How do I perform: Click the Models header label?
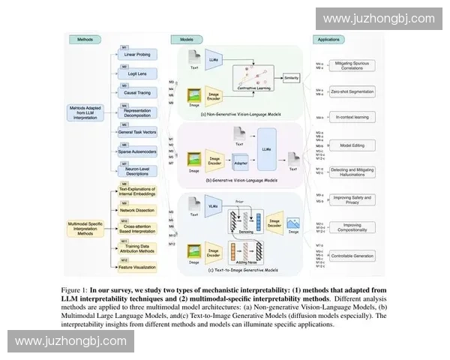pyautogui.click(x=187, y=39)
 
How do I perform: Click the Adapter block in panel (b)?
pyautogui.click(x=239, y=161)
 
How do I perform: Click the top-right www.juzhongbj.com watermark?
pyautogui.click(x=379, y=19)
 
